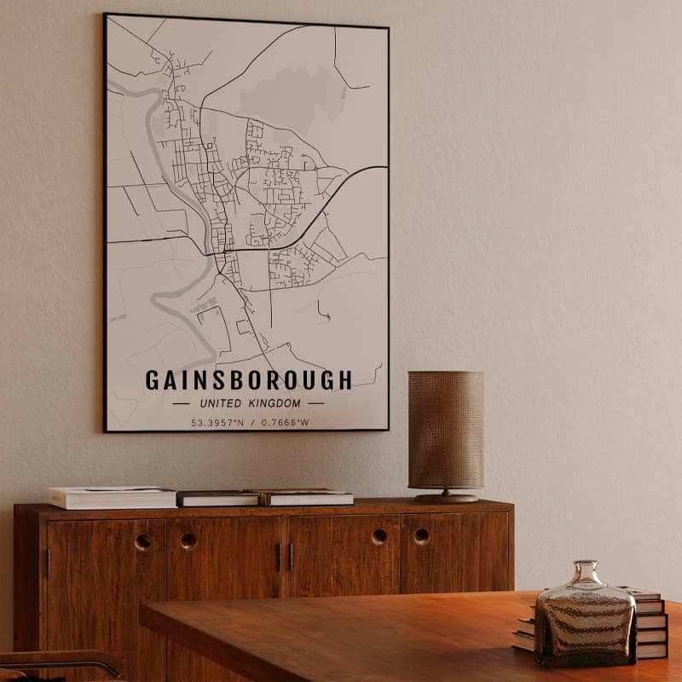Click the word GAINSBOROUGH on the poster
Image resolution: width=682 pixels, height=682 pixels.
coord(248,380)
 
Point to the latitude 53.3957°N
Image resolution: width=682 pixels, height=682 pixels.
coord(217,422)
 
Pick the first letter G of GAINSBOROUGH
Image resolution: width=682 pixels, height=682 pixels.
coord(152,380)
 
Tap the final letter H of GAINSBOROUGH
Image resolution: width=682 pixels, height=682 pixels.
coord(345,380)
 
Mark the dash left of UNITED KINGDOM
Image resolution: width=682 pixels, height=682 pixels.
coord(181,403)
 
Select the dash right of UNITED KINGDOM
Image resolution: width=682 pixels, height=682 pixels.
coord(316,403)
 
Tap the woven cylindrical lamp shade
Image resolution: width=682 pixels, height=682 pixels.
coord(445,430)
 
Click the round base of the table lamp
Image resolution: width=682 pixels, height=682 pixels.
coord(446,497)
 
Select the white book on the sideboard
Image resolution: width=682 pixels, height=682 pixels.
coord(112,497)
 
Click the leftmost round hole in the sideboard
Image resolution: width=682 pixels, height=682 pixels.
coord(142,541)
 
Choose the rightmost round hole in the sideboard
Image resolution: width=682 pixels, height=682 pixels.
coord(422,536)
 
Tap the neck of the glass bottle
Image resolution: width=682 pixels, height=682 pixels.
coord(586,572)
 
